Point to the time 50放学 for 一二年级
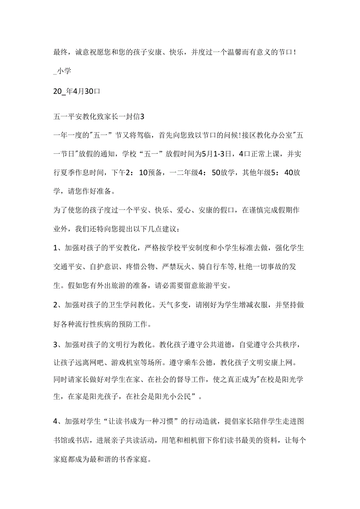225,175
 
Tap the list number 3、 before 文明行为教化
58,344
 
